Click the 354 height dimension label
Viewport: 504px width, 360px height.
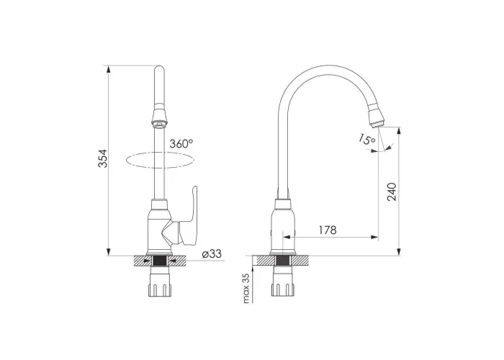[x=102, y=158]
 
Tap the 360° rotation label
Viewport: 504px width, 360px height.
[x=181, y=143]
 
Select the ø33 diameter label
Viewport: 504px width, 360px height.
[x=212, y=254]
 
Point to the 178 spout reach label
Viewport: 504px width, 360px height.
[x=328, y=230]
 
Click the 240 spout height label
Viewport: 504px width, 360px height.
[x=392, y=192]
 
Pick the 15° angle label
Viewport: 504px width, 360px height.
[x=366, y=140]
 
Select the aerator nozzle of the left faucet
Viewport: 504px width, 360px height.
[x=159, y=117]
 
